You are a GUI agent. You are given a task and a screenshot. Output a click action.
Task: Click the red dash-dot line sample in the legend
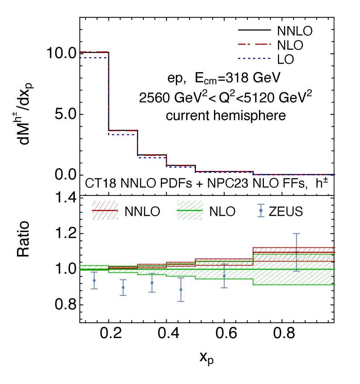[254, 44]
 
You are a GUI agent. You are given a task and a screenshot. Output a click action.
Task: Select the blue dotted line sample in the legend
[254, 58]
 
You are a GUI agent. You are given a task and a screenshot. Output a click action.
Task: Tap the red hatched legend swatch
[105, 210]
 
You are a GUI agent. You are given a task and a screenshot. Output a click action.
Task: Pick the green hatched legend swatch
[189, 210]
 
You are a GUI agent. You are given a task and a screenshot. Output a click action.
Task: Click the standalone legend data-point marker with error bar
[261, 210]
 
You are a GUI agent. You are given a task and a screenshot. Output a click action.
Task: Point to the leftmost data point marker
[94, 280]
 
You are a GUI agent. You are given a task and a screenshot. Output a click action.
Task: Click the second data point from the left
[123, 287]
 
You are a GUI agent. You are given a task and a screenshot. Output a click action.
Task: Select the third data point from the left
[152, 283]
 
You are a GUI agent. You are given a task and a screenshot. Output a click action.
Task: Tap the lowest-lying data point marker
[181, 290]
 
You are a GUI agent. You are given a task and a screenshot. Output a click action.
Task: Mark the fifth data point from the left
[224, 276]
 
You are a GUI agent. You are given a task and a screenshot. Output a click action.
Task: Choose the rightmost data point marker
[296, 252]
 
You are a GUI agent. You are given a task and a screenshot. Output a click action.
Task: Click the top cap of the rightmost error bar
[296, 234]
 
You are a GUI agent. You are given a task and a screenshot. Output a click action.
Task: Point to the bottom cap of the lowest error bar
[181, 301]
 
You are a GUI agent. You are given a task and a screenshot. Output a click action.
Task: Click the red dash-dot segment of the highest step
[94, 52]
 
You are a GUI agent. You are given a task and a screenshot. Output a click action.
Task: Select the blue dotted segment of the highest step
[94, 57]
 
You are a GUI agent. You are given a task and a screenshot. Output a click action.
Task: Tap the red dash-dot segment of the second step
[123, 131]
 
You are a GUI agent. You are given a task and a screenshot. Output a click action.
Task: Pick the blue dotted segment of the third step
[152, 157]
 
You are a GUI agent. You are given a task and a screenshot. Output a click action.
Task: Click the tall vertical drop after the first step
[108, 94]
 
